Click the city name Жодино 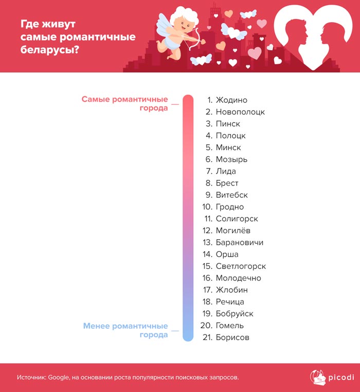pyautogui.click(x=231, y=100)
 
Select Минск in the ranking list pyautogui.click(x=228, y=147)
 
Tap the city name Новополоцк pyautogui.click(x=240, y=112)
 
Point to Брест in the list pyautogui.click(x=227, y=183)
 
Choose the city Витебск pyautogui.click(x=232, y=195)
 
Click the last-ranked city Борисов pyautogui.click(x=232, y=338)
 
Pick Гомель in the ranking pyautogui.click(x=230, y=326)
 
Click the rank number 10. pyautogui.click(x=207, y=207)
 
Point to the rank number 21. pyautogui.click(x=207, y=338)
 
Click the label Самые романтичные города pyautogui.click(x=125, y=104)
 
